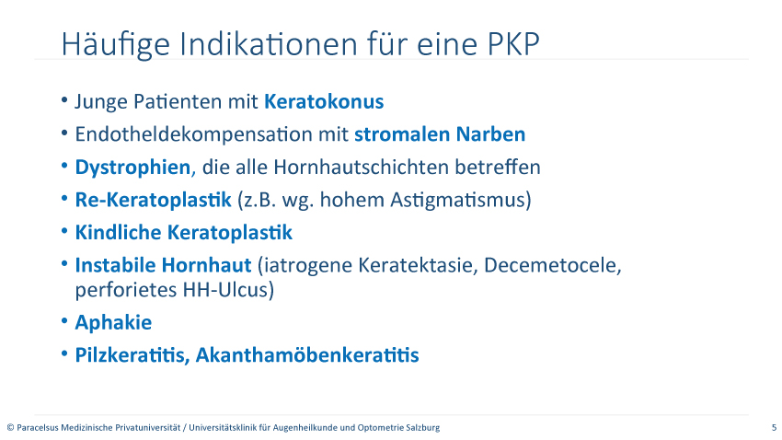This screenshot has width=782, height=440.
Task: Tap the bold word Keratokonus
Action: [324, 101]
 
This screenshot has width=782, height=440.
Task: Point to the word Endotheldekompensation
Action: [212, 134]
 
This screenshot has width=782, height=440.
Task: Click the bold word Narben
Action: [490, 134]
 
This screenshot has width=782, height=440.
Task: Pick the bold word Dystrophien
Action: [132, 168]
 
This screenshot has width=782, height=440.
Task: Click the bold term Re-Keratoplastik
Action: [153, 200]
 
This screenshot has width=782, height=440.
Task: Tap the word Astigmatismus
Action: [457, 200]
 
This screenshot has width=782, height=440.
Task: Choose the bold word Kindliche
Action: [119, 233]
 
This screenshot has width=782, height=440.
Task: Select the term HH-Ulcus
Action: [226, 289]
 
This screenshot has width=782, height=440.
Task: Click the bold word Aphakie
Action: [113, 322]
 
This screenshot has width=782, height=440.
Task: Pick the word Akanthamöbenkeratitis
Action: [307, 355]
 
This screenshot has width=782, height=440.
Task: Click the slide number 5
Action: [774, 427]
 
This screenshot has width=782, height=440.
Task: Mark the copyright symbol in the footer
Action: [10, 427]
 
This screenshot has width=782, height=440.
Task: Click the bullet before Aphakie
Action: [64, 320]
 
